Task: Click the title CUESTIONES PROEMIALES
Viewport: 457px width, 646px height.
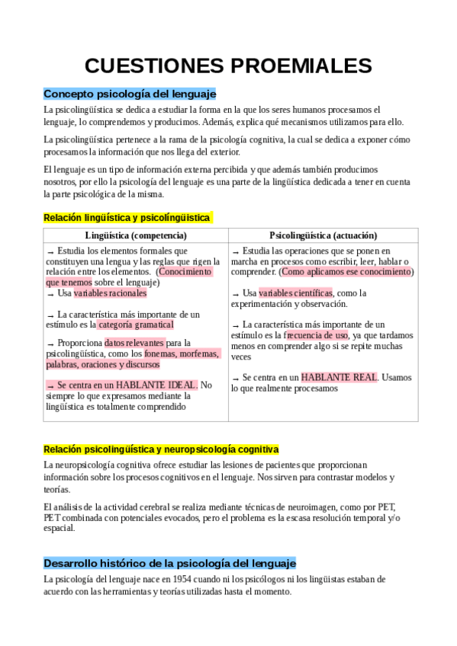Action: [x=228, y=66]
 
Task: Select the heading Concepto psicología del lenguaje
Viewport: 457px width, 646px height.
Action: [x=130, y=94]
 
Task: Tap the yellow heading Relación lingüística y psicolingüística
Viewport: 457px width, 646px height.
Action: [x=127, y=218]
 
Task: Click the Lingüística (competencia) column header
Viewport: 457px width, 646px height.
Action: [x=136, y=235]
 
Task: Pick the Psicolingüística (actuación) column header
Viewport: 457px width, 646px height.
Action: [x=323, y=235]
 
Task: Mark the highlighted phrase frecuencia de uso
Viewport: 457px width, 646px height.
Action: [x=316, y=334]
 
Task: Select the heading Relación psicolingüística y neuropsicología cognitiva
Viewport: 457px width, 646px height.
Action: [x=161, y=449]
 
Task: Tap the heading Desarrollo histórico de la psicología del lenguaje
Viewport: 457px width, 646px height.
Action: [x=169, y=563]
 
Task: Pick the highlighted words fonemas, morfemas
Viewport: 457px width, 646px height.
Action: [x=182, y=353]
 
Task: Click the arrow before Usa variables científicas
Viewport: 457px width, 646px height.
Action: [x=235, y=293]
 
